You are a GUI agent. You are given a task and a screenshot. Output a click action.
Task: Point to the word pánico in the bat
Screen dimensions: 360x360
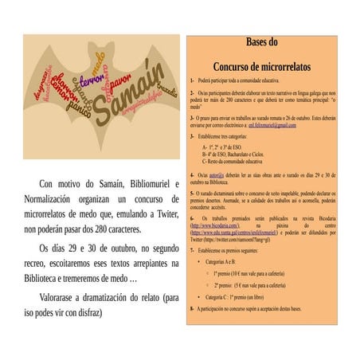(x=78, y=103)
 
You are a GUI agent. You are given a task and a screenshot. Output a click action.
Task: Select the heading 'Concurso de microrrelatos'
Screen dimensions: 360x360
(x=262, y=66)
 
